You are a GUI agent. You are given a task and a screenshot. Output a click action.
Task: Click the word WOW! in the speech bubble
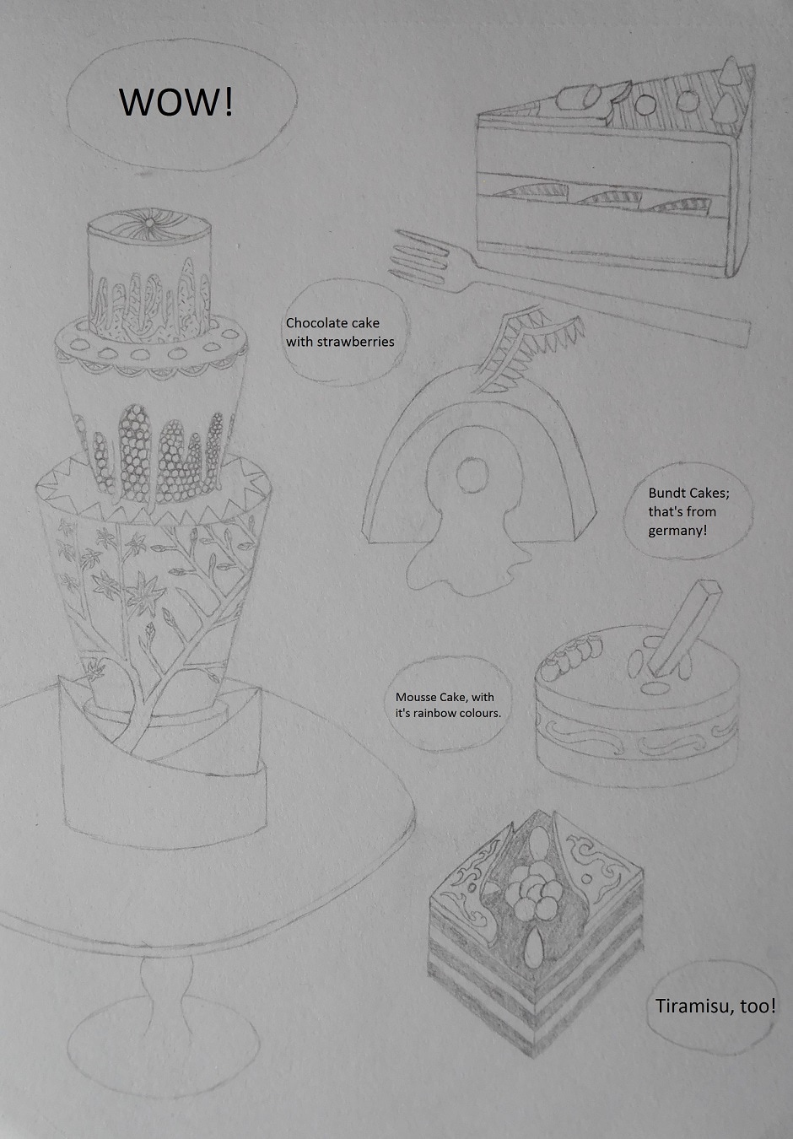[175, 102]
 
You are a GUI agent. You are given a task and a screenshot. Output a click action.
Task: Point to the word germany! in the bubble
[677, 531]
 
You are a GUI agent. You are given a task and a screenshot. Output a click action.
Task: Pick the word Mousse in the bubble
[412, 697]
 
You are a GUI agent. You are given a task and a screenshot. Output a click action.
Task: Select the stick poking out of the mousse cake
[684, 629]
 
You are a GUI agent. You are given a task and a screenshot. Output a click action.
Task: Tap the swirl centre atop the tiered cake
[149, 222]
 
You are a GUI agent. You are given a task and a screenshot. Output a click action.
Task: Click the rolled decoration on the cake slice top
[578, 98]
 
